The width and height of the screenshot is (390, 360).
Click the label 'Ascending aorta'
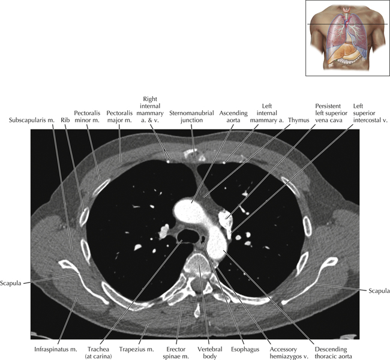[x=233, y=116]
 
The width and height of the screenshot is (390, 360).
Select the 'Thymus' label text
[x=298, y=120]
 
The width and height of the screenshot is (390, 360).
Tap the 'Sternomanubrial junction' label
[x=191, y=116]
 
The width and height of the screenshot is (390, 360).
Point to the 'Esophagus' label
[x=245, y=349]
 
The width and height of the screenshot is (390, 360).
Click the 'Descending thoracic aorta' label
[x=331, y=353]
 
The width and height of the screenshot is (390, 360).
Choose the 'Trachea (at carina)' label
[x=98, y=353]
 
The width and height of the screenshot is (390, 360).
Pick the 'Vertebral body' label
[x=209, y=353]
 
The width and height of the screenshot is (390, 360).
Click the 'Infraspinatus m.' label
[x=56, y=349]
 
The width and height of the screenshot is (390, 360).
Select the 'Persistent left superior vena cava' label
[x=331, y=113]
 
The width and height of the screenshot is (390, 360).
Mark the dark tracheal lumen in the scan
[x=188, y=235]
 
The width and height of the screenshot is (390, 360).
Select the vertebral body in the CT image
[x=199, y=263]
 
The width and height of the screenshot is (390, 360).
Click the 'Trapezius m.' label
[x=137, y=349]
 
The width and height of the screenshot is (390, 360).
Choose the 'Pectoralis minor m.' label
[x=87, y=116]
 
